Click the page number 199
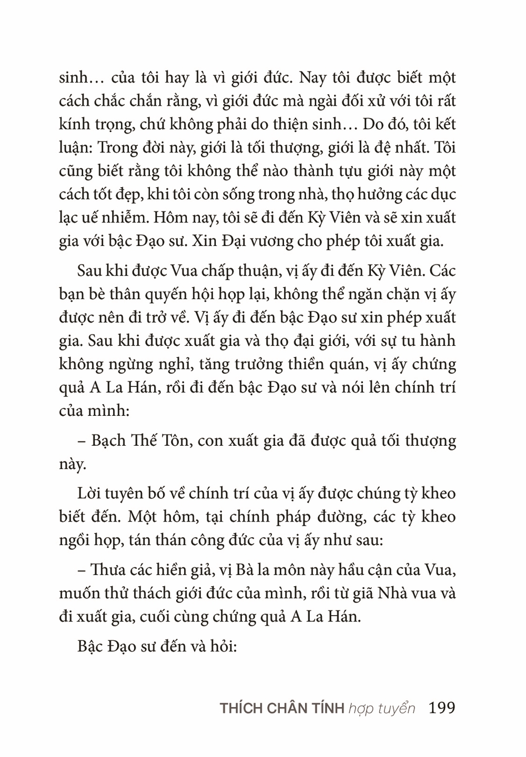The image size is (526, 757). tap(442, 708)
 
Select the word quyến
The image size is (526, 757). tap(171, 295)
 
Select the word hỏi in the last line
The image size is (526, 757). tap(224, 646)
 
